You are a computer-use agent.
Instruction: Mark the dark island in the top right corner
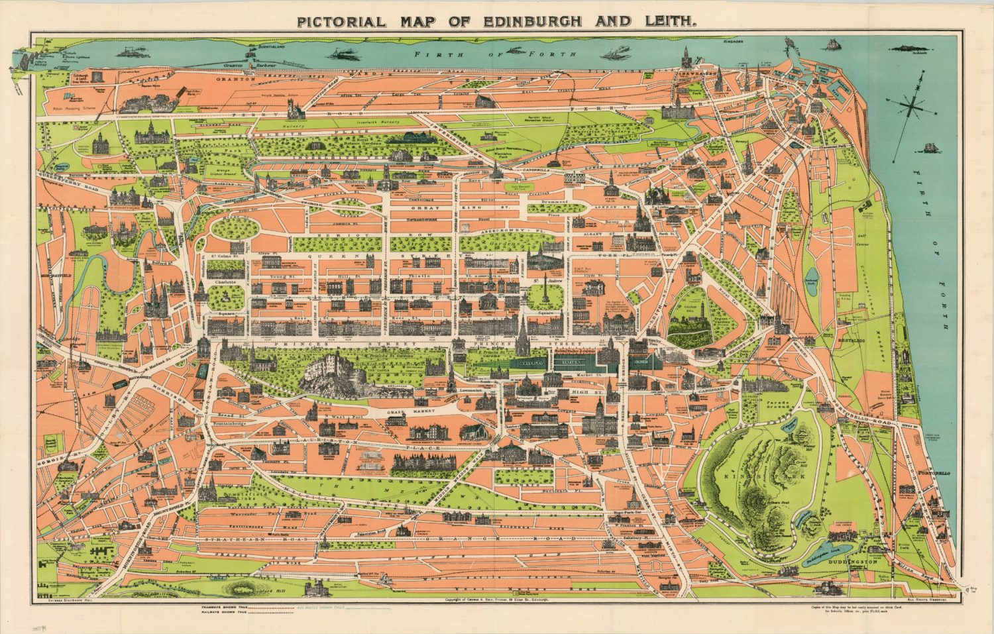pyautogui.click(x=909, y=48)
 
